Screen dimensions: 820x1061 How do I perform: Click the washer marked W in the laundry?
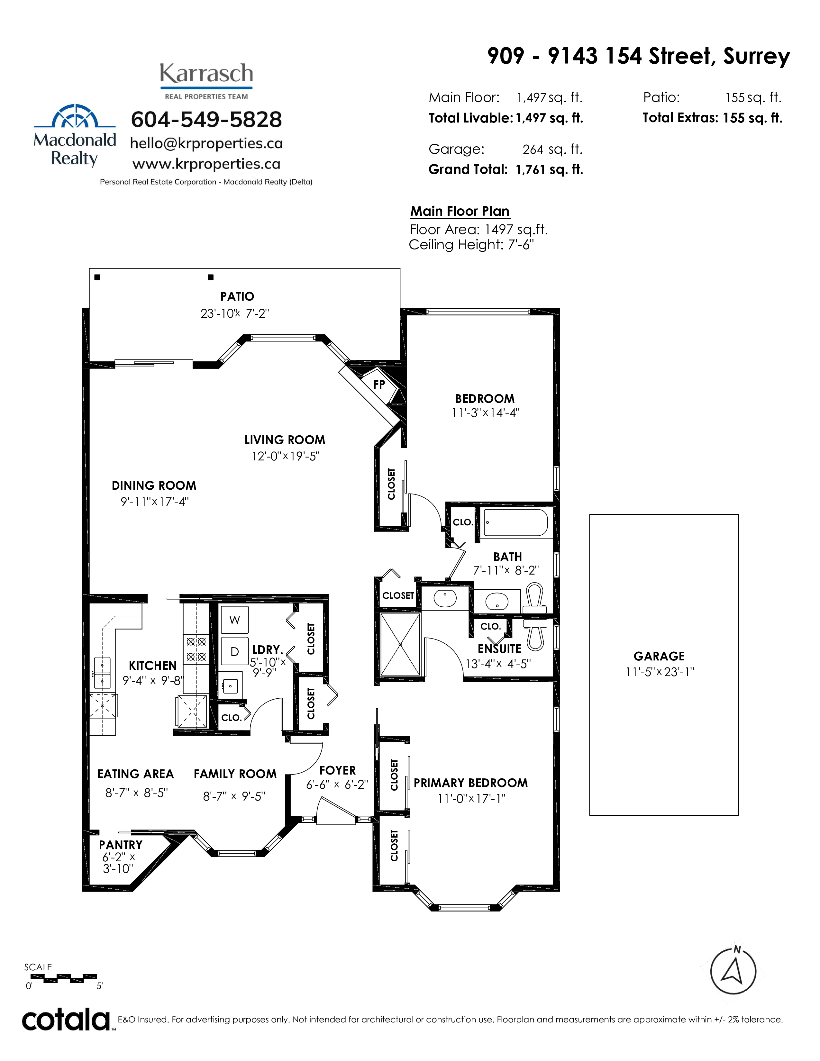[235, 620]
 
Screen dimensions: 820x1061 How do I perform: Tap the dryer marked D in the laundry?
[235, 651]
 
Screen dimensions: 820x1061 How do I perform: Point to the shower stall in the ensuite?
[400, 644]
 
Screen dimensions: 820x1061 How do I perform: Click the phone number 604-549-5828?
[206, 120]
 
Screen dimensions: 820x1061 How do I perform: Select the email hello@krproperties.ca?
[206, 143]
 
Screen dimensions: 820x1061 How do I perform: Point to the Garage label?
[659, 656]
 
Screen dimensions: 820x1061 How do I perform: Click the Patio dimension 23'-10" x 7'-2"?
[235, 313]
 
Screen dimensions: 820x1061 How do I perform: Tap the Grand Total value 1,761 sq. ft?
[550, 169]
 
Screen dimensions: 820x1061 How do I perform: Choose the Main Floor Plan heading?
[460, 211]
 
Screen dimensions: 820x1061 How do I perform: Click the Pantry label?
[121, 845]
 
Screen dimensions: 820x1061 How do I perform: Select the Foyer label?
[338, 770]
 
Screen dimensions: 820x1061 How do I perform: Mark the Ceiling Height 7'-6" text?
[471, 245]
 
